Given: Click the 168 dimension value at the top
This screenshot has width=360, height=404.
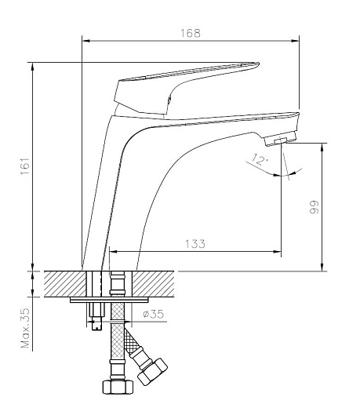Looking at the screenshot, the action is point(191,33).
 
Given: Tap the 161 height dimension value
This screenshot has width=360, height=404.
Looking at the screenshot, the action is point(25,166).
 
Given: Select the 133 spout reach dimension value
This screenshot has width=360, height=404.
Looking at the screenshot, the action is point(195,244).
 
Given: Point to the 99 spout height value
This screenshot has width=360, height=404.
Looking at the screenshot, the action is point(314,207).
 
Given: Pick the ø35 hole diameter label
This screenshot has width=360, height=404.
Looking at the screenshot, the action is point(153,314).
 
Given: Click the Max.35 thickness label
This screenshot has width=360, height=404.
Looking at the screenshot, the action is point(26,328).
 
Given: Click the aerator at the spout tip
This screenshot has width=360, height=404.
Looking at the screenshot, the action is point(280,138).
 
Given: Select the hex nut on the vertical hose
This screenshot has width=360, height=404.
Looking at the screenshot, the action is point(118,387).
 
